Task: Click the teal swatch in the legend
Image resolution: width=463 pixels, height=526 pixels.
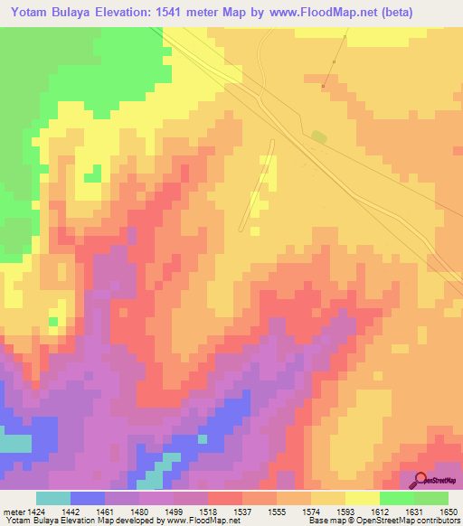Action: (x=53, y=498)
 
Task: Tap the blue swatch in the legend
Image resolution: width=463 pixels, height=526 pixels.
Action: (x=88, y=498)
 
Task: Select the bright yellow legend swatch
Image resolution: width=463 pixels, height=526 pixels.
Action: (x=362, y=498)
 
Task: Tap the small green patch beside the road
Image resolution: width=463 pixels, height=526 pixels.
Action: (x=317, y=136)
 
